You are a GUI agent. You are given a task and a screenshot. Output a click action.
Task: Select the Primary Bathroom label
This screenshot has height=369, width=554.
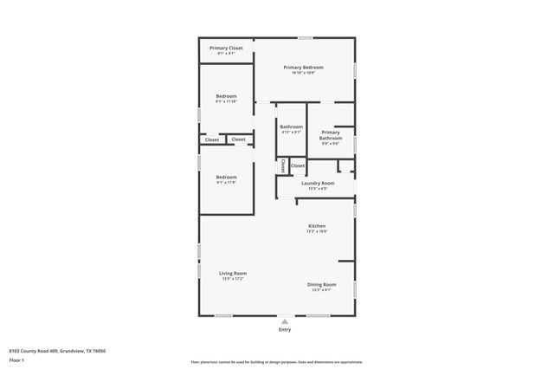(331, 135)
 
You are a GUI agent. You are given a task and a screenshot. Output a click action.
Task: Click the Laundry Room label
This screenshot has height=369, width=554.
(318, 183)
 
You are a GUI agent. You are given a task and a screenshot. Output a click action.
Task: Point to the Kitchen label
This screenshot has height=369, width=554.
(317, 226)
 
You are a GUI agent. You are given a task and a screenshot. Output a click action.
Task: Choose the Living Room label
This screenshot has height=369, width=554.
(234, 274)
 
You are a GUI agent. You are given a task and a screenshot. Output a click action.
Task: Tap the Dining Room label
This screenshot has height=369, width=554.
(322, 284)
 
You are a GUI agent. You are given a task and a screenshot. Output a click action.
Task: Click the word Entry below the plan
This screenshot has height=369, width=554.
(285, 330)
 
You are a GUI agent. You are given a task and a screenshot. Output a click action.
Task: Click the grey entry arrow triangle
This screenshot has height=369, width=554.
(285, 320)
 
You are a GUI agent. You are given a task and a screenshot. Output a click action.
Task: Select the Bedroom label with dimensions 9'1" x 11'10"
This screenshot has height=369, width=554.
(226, 96)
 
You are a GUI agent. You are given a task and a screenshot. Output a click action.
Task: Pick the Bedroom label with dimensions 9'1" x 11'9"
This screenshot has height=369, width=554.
(226, 177)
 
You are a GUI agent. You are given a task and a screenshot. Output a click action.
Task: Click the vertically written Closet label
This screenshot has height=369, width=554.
(282, 165)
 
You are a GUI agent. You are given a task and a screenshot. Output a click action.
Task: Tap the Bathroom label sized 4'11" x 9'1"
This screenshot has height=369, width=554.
(291, 127)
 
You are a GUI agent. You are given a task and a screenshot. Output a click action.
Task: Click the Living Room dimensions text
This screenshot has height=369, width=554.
(234, 279)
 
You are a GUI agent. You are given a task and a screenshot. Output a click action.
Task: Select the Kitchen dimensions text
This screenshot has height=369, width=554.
(317, 231)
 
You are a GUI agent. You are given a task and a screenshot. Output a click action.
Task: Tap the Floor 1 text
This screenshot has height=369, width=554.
(17, 359)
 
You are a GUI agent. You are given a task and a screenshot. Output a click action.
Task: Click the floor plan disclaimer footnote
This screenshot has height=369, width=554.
(277, 362)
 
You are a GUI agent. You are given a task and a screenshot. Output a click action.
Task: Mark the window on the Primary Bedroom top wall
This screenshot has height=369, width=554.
(305, 38)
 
